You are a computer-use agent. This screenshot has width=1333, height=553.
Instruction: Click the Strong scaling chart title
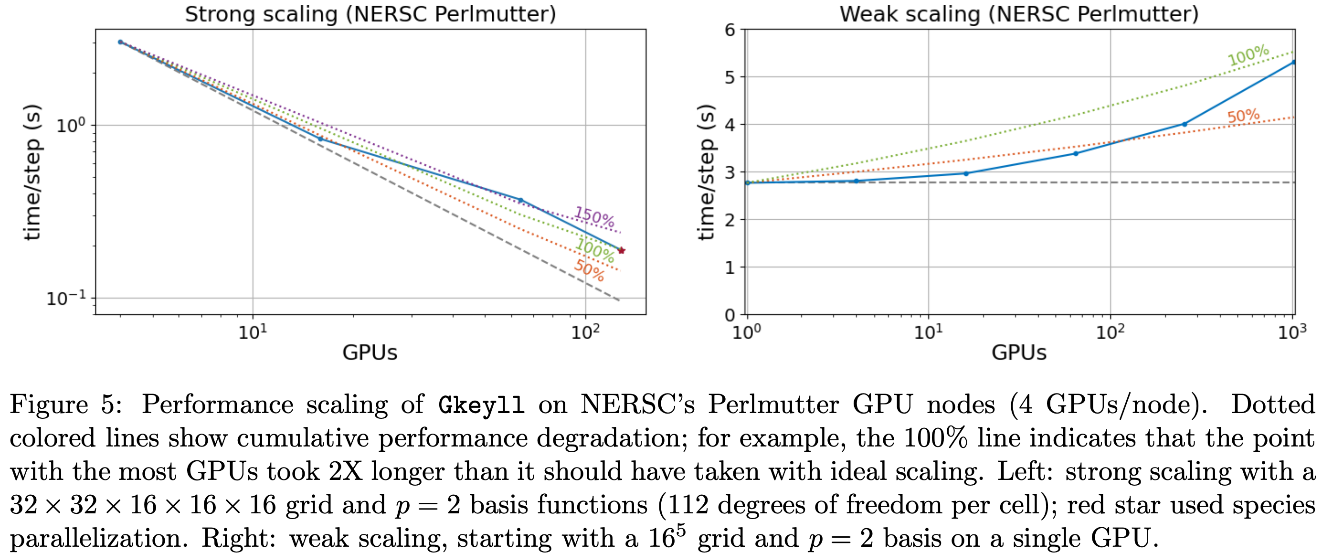point(370,14)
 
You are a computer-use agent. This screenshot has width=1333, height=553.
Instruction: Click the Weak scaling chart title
point(1018,14)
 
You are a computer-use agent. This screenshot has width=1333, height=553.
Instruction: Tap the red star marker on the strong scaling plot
point(622,251)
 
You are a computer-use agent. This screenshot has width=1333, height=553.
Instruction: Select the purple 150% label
point(594,215)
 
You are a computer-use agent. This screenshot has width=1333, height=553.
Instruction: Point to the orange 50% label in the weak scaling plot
point(1243,116)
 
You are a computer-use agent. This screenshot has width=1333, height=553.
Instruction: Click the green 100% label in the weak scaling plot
point(1248,55)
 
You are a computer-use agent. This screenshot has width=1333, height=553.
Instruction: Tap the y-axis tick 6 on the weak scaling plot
point(730,30)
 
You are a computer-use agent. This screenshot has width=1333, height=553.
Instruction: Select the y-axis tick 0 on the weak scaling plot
point(730,314)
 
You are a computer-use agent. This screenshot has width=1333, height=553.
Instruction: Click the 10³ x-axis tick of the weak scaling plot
point(1292,331)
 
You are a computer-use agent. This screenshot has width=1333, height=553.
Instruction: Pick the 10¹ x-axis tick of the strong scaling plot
point(253,331)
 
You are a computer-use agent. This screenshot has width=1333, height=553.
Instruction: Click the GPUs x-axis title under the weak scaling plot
point(1018,352)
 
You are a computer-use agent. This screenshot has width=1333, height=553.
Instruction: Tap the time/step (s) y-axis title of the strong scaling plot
point(32,172)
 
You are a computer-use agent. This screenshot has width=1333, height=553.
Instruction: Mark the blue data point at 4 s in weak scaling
point(1185,124)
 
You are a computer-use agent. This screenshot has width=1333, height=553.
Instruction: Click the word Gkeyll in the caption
point(481,404)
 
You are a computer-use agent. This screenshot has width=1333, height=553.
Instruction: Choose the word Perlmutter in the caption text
point(773,404)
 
